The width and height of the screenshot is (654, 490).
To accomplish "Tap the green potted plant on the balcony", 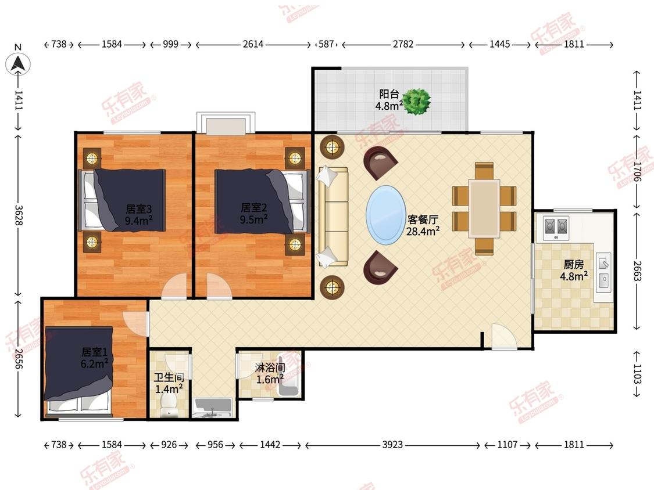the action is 417,101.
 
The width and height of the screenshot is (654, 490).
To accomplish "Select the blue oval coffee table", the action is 386,215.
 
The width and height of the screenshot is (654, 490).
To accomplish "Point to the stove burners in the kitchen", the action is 556,227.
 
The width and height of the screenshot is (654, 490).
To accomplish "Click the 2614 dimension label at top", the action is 253,44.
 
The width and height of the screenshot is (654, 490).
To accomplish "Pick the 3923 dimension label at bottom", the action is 392,445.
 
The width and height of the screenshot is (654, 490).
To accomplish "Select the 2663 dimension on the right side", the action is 637,271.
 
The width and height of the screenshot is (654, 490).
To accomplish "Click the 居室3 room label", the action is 138,208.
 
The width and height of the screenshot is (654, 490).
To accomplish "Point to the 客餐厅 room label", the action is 423,219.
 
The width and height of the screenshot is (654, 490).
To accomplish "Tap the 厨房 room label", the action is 574,264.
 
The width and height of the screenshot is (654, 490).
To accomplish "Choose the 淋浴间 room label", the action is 270,368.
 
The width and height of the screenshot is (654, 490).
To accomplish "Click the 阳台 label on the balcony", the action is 389,94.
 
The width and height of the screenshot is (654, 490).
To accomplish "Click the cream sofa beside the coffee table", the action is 333,216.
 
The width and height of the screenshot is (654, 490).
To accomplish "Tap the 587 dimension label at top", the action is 326,44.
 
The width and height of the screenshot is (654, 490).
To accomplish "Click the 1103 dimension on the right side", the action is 637,374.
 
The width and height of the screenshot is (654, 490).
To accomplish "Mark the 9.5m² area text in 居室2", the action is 253,219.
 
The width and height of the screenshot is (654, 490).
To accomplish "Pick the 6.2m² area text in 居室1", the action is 94,364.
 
